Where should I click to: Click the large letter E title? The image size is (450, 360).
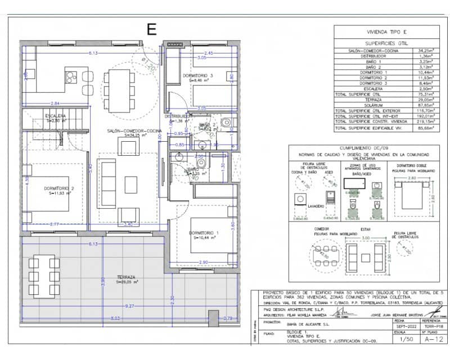(151, 29)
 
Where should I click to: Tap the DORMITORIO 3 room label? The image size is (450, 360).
(197, 75)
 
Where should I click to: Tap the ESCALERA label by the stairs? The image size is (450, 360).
(56, 116)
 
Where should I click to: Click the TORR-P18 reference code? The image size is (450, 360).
(431, 326)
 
